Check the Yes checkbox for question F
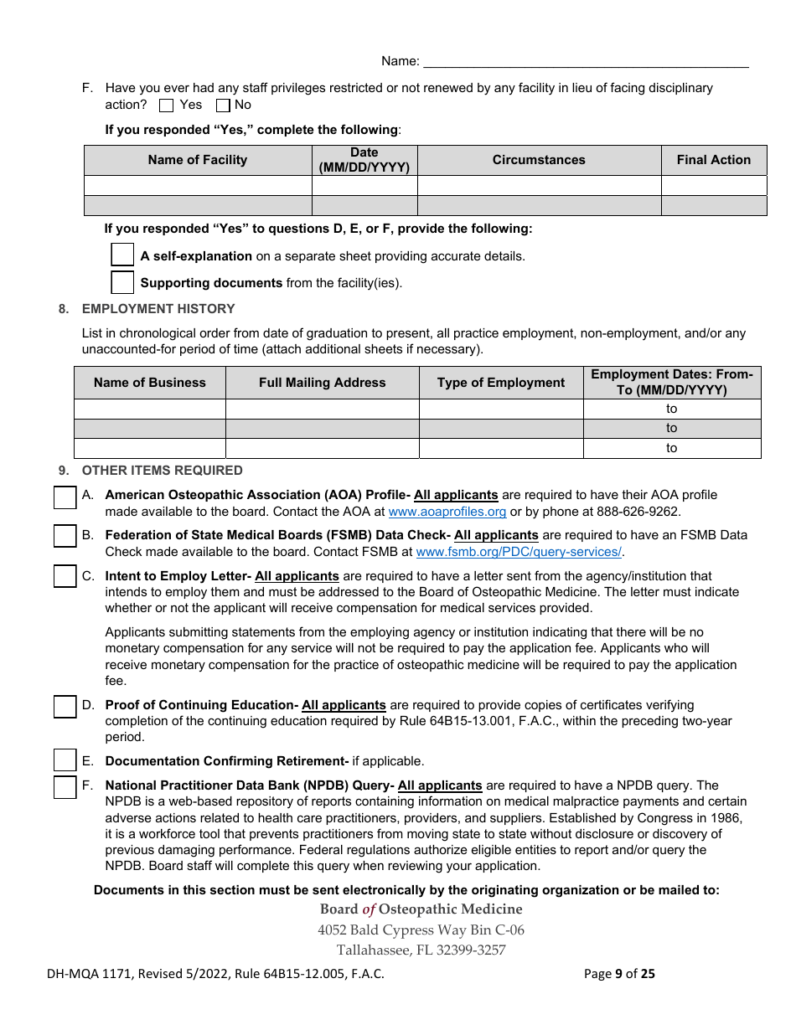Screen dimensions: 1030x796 point(166,106)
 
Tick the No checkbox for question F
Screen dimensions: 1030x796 point(223,106)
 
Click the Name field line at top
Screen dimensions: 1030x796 point(586,60)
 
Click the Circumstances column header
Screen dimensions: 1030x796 point(539,160)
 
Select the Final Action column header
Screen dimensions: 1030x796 point(713,160)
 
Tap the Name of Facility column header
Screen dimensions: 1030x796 point(198,160)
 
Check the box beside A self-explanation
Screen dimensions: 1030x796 point(122,255)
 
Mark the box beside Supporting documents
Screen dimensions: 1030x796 point(122,282)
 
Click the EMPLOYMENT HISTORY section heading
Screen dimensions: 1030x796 point(158,309)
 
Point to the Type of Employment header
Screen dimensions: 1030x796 point(501,383)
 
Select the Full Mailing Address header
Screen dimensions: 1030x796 point(322,383)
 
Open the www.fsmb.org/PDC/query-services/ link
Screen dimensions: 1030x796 point(519,552)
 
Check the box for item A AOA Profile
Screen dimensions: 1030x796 point(65,497)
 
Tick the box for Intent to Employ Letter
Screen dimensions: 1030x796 point(65,576)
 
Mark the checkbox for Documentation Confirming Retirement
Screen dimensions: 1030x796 point(65,760)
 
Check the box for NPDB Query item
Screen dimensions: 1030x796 point(65,787)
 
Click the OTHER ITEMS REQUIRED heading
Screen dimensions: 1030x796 point(162,471)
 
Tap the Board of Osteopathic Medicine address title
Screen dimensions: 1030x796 point(421,909)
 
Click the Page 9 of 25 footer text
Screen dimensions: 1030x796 point(619,973)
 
